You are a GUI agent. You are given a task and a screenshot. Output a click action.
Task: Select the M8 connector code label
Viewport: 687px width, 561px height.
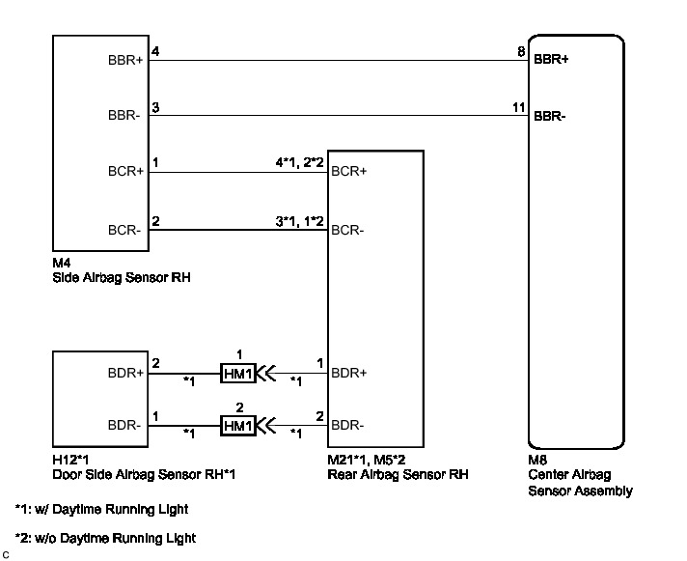537,460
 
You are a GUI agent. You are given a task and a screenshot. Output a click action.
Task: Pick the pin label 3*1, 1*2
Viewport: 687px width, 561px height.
298,221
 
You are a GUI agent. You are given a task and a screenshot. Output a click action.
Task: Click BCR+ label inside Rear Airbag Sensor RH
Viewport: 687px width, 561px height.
348,172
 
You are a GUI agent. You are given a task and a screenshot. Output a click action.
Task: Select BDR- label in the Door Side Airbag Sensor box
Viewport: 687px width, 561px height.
125,425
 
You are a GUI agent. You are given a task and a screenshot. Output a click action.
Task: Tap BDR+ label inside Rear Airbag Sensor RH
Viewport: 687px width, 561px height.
348,373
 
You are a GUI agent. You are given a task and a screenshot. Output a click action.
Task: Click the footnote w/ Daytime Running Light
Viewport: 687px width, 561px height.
101,509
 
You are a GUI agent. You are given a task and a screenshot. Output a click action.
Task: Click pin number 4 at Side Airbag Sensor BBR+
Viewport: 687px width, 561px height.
153,51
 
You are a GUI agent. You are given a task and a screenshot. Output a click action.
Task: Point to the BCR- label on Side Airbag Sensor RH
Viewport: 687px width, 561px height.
124,231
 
